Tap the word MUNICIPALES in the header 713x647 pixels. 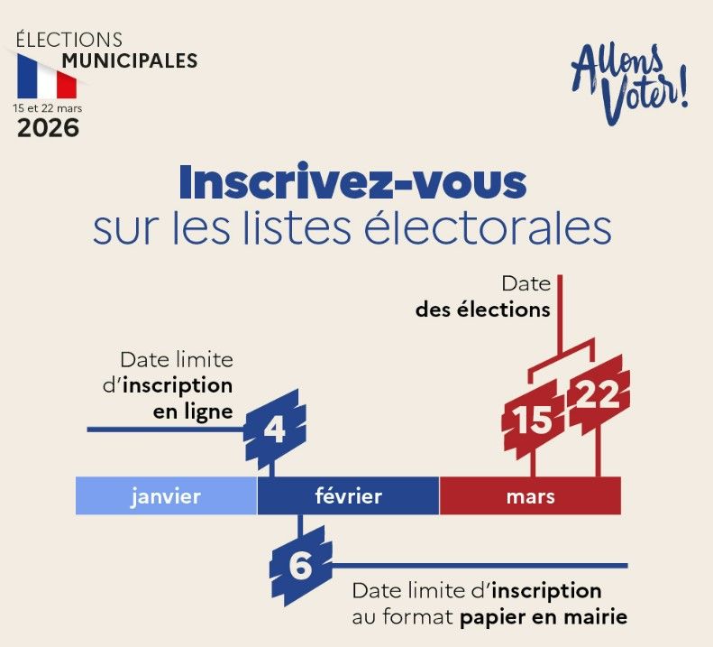coord(129,61)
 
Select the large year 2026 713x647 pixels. coord(49,127)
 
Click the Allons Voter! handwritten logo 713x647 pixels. coord(630,84)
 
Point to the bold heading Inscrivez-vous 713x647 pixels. coord(352,183)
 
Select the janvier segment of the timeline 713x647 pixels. coord(166,496)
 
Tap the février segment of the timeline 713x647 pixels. coord(349,496)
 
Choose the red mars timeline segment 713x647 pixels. coord(530,496)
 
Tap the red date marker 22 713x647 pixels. coord(597,395)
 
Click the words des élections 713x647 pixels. coord(482,310)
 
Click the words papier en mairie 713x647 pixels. coord(544,618)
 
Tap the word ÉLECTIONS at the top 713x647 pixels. coord(69,40)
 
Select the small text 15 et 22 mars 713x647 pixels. coord(47,106)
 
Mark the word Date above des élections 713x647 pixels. coord(527,284)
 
